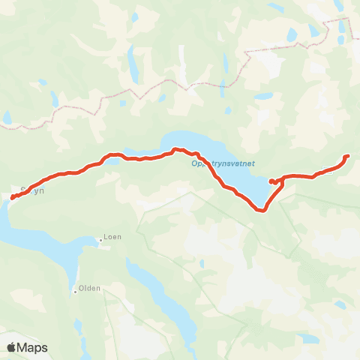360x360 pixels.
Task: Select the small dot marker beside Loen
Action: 100,241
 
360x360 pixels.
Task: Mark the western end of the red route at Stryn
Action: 13,198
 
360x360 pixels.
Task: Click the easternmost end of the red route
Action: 347,156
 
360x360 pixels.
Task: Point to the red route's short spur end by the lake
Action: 270,181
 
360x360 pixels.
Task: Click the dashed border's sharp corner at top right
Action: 327,22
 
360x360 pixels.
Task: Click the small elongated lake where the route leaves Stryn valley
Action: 112,158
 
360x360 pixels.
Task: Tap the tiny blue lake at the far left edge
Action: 7,118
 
